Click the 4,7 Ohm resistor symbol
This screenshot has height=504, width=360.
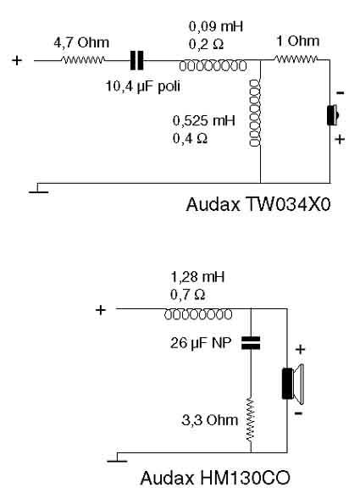tap(83, 60)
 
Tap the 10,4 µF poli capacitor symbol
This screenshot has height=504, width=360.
tap(136, 60)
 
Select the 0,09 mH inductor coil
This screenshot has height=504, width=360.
tap(213, 66)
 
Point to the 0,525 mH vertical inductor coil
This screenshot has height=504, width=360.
tap(255, 113)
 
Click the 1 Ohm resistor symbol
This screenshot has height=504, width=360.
tap(295, 59)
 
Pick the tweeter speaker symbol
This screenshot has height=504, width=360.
tap(333, 115)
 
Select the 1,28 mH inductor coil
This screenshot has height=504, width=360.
tap(198, 314)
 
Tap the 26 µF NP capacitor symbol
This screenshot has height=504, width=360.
tap(251, 343)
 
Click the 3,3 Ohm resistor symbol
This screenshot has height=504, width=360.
tap(251, 419)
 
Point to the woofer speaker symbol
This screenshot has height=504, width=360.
tap(293, 384)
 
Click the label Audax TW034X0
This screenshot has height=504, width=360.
tap(258, 204)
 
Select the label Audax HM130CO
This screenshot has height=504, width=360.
tap(215, 478)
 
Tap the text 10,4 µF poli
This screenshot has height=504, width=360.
tap(143, 86)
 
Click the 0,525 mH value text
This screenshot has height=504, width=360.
tap(204, 120)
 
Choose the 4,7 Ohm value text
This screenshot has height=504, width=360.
tap(81, 42)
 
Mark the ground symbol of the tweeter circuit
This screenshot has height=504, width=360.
tap(39, 189)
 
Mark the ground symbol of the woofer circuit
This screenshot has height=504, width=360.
tap(118, 457)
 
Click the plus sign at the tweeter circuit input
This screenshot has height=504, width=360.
tap(17, 60)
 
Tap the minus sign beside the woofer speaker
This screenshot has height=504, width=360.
tap(299, 413)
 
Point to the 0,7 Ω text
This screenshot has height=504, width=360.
tap(188, 295)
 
